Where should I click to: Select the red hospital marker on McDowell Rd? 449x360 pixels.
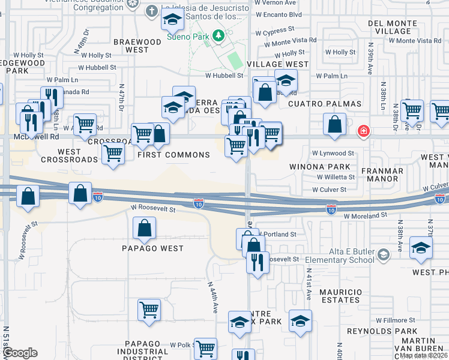coord(363,130)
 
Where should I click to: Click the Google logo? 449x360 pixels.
coord(19,353)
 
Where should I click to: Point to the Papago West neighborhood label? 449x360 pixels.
coord(152,248)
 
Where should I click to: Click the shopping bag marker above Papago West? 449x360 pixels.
coord(144,228)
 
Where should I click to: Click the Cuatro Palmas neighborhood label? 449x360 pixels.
coord(325,104)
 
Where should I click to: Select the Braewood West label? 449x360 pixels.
coord(137,46)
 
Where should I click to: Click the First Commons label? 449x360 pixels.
coord(174,155)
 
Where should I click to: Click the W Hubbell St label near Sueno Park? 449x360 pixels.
coord(224,76)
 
